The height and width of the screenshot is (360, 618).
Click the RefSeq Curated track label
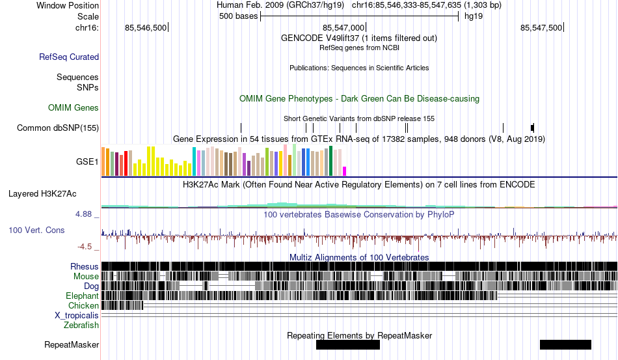coord(69,57)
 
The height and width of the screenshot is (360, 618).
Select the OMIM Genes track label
coord(74,107)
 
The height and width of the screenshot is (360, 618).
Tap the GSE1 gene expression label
coord(87,162)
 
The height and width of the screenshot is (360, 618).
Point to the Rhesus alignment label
coord(85,266)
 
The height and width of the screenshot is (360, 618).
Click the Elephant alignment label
coord(82,296)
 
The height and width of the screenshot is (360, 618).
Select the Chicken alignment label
coord(84,305)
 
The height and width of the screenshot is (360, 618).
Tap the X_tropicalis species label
coord(77,315)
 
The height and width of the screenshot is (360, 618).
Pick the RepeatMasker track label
coord(72,345)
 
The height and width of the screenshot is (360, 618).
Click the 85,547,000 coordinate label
coord(343,27)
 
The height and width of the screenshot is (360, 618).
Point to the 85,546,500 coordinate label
coord(146,27)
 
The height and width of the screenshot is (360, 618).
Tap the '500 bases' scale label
coord(239,16)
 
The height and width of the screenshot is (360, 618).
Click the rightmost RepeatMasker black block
coord(565,344)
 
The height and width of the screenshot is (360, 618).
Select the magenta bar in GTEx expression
coord(345,171)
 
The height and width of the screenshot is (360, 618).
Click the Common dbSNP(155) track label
coord(58,128)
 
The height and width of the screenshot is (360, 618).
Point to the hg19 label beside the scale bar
coord(473,16)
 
